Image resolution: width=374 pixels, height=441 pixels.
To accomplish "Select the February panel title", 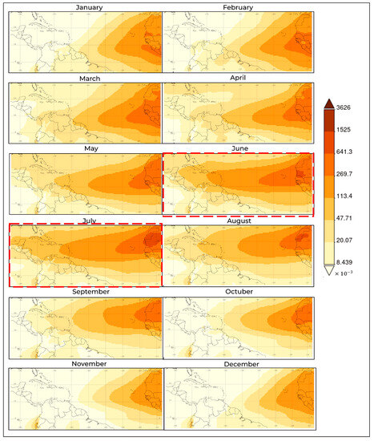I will (x=238, y=7).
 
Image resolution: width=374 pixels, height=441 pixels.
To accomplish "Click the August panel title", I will (x=238, y=220).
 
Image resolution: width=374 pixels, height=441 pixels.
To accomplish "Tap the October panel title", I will (x=238, y=291).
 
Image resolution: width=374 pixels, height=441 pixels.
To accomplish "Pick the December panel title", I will (x=238, y=362).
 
